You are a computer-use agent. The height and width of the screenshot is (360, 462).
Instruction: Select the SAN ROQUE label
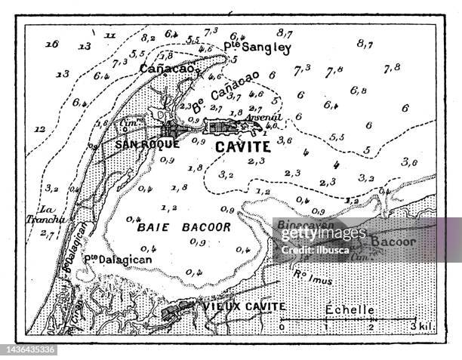149,143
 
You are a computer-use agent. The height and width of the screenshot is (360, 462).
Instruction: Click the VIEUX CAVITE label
233,306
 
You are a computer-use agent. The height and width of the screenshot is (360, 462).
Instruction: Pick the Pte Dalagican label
117,259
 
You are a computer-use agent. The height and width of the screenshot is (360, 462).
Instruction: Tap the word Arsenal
265,117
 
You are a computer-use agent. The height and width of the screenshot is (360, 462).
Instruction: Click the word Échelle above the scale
350,309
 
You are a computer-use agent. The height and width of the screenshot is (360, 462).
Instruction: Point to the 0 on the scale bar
282,327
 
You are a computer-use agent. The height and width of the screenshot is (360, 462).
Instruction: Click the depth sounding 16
51,44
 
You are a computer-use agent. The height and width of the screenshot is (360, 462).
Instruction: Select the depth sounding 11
109,35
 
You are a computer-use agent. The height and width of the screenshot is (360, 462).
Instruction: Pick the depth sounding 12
40,128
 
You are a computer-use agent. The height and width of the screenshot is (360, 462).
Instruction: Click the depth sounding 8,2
148,37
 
